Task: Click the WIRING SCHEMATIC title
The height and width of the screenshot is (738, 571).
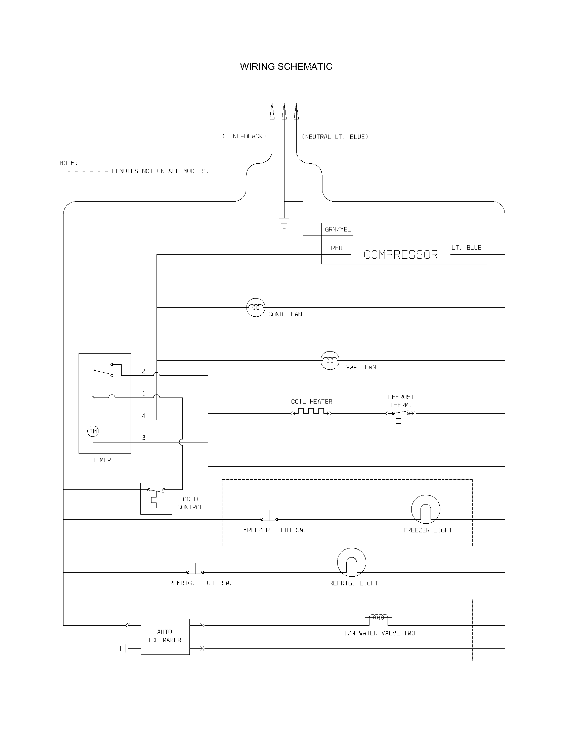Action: click(286, 66)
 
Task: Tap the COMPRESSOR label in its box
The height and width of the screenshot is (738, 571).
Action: click(400, 255)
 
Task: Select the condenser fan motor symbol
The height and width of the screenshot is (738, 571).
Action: click(256, 308)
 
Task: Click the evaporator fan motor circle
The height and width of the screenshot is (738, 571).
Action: click(330, 361)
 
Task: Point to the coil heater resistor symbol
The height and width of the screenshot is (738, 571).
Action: click(311, 412)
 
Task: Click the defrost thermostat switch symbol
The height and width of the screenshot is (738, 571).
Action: click(401, 415)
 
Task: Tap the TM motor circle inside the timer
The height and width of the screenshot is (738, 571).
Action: click(93, 431)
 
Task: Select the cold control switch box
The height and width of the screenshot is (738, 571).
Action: click(156, 498)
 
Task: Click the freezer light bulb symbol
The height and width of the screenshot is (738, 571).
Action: click(426, 509)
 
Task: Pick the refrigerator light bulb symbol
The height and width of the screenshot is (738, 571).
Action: click(352, 562)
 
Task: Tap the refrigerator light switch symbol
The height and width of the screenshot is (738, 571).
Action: click(195, 571)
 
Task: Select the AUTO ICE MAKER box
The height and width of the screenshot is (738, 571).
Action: click(165, 637)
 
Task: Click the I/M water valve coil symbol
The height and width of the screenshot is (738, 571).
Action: click(379, 618)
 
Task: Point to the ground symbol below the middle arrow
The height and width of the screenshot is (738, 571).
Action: click(284, 223)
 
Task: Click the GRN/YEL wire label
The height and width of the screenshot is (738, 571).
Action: click(338, 229)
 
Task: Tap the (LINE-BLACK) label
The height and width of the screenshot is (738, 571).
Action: click(244, 136)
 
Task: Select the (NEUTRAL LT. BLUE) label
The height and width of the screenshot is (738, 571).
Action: click(335, 137)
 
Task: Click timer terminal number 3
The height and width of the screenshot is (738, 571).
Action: click(144, 437)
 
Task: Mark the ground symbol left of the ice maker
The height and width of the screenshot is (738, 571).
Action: click(124, 648)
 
